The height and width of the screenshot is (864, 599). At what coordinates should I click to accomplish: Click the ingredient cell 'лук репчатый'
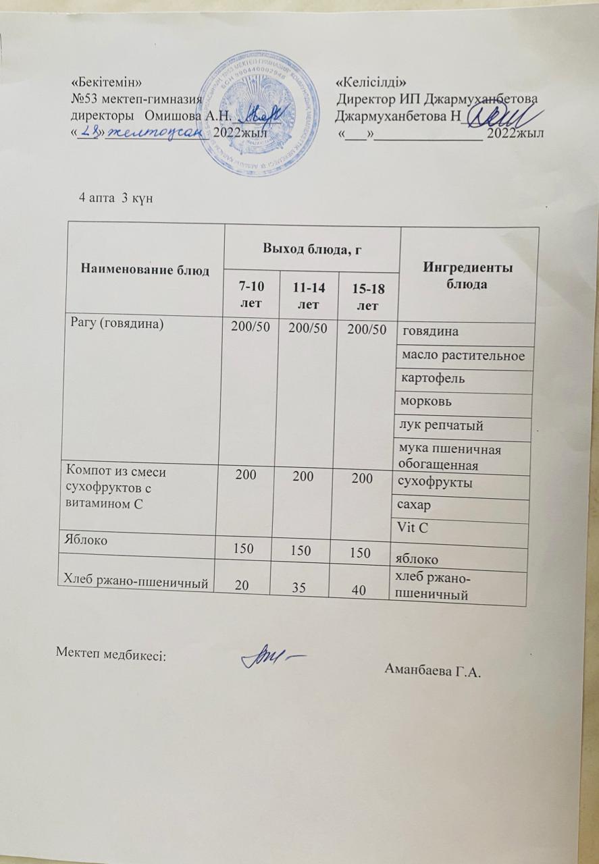pyautogui.click(x=442, y=426)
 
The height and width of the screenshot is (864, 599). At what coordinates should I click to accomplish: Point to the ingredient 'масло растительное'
pyautogui.click(x=463, y=355)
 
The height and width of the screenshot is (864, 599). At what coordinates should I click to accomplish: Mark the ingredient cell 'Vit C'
pyautogui.click(x=415, y=529)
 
